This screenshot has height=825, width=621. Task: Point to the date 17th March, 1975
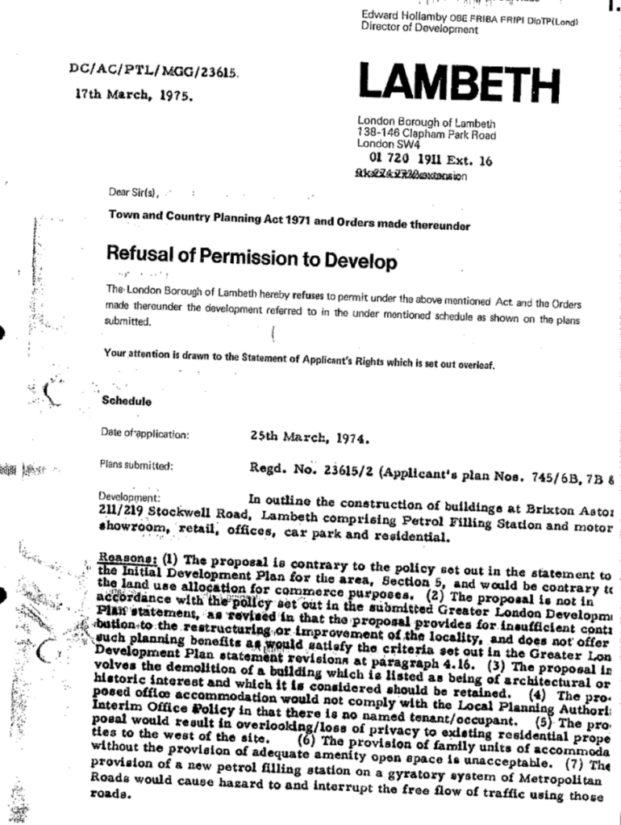pyautogui.click(x=129, y=94)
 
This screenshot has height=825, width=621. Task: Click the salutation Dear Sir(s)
pyautogui.click(x=134, y=192)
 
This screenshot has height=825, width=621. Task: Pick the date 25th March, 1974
pyautogui.click(x=310, y=440)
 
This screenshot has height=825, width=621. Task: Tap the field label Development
pyautogui.click(x=130, y=496)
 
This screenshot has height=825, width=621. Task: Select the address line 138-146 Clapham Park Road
pyautogui.click(x=427, y=133)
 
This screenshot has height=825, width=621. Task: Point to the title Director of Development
pyautogui.click(x=419, y=28)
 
